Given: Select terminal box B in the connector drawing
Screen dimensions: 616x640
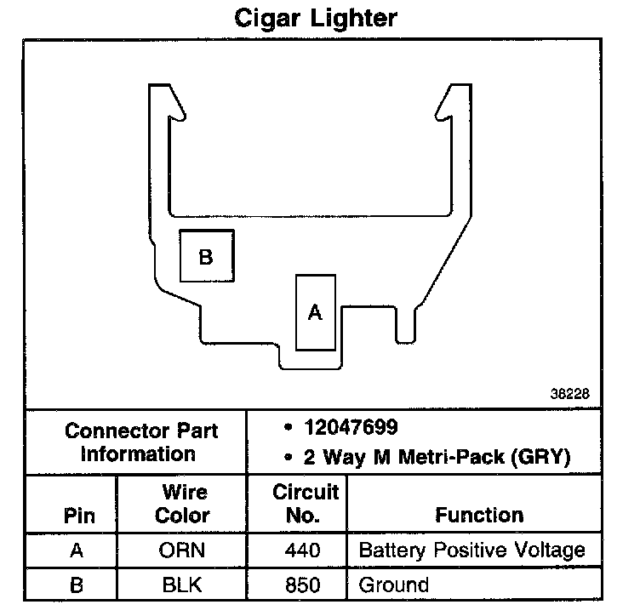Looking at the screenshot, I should click(x=205, y=256).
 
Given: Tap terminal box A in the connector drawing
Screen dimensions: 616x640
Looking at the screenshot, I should click(x=315, y=312).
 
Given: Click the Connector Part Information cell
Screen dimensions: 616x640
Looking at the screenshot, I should click(x=141, y=442).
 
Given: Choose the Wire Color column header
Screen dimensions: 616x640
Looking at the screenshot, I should click(x=184, y=504).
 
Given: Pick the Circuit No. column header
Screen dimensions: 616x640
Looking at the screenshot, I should click(x=306, y=504).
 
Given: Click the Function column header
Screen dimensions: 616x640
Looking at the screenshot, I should click(x=479, y=515).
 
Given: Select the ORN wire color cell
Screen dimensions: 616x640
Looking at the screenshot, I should click(x=182, y=550).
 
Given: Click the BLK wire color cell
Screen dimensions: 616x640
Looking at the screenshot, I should click(x=182, y=585).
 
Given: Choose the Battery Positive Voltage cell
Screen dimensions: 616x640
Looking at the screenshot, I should click(x=471, y=550).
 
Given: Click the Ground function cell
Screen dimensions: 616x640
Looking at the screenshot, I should click(x=393, y=585).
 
